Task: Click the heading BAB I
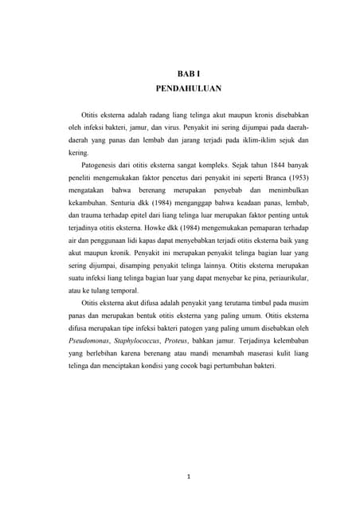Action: click(188, 74)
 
